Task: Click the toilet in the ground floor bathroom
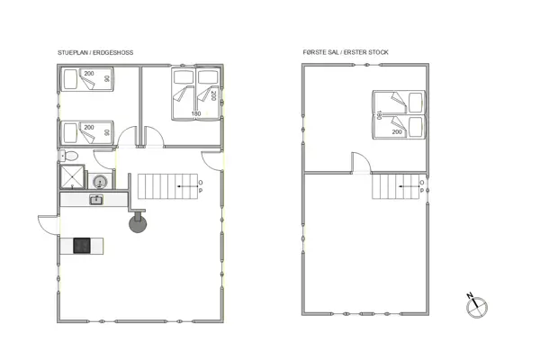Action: pos(69,156)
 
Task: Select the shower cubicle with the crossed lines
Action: pos(72,176)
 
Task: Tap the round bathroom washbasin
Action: pos(100,181)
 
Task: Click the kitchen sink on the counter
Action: pos(96,200)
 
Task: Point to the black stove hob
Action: pos(82,246)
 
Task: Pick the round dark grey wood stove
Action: pos(138,223)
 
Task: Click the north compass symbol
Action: pos(477,306)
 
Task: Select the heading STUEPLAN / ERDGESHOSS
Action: pos(95,53)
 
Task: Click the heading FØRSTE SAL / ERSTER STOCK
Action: pos(346,52)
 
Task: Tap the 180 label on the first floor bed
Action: pos(379,115)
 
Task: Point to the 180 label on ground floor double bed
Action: pos(196,113)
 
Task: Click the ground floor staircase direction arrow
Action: pos(187,186)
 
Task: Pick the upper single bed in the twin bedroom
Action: pos(87,79)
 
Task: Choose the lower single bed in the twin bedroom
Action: pos(87,132)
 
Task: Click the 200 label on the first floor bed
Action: pos(397,132)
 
